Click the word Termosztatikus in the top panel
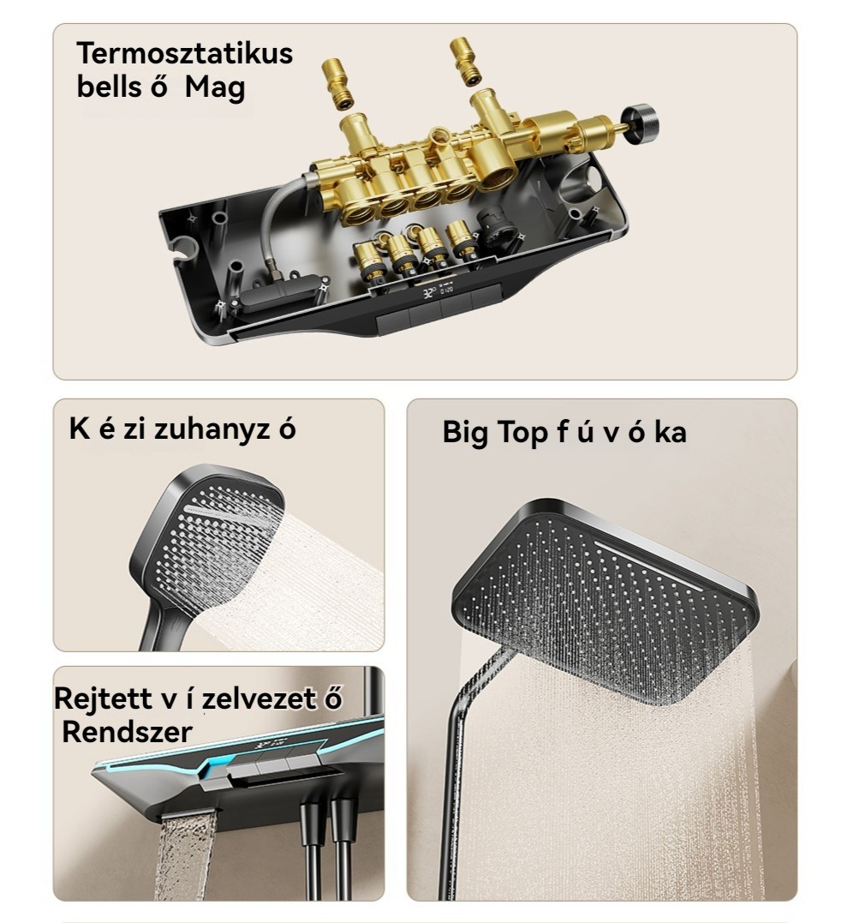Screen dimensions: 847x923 [185, 54]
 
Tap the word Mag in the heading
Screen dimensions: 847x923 [215, 87]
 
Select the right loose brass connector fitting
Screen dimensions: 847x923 [466, 61]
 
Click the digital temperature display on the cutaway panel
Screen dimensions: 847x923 [438, 291]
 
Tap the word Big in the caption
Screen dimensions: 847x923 [465, 433]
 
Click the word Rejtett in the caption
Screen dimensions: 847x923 [104, 698]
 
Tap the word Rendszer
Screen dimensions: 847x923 [127, 732]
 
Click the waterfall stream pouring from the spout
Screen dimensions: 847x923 [185, 854]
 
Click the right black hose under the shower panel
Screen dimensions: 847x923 [343, 848]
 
